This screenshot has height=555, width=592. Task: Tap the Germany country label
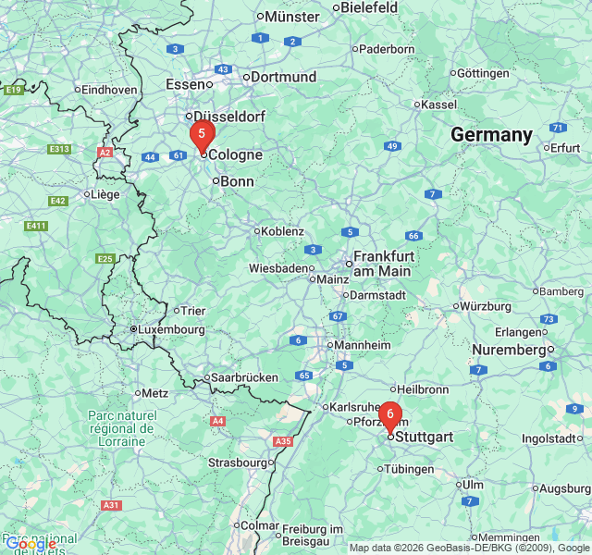(x=491, y=135)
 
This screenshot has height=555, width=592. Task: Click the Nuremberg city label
(x=509, y=350)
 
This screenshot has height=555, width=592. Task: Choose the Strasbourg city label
(x=238, y=462)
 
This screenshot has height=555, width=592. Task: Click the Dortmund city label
(x=283, y=77)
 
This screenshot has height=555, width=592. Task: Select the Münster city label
(x=291, y=16)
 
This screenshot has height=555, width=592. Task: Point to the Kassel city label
(x=438, y=105)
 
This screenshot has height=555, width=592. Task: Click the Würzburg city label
(x=486, y=305)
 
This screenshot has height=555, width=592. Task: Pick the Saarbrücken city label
(x=245, y=377)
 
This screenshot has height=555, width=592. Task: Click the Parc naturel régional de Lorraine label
(x=121, y=428)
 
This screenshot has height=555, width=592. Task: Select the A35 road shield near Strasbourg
(x=283, y=442)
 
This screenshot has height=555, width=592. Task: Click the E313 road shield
(x=60, y=149)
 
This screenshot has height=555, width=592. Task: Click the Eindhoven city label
(x=109, y=90)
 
